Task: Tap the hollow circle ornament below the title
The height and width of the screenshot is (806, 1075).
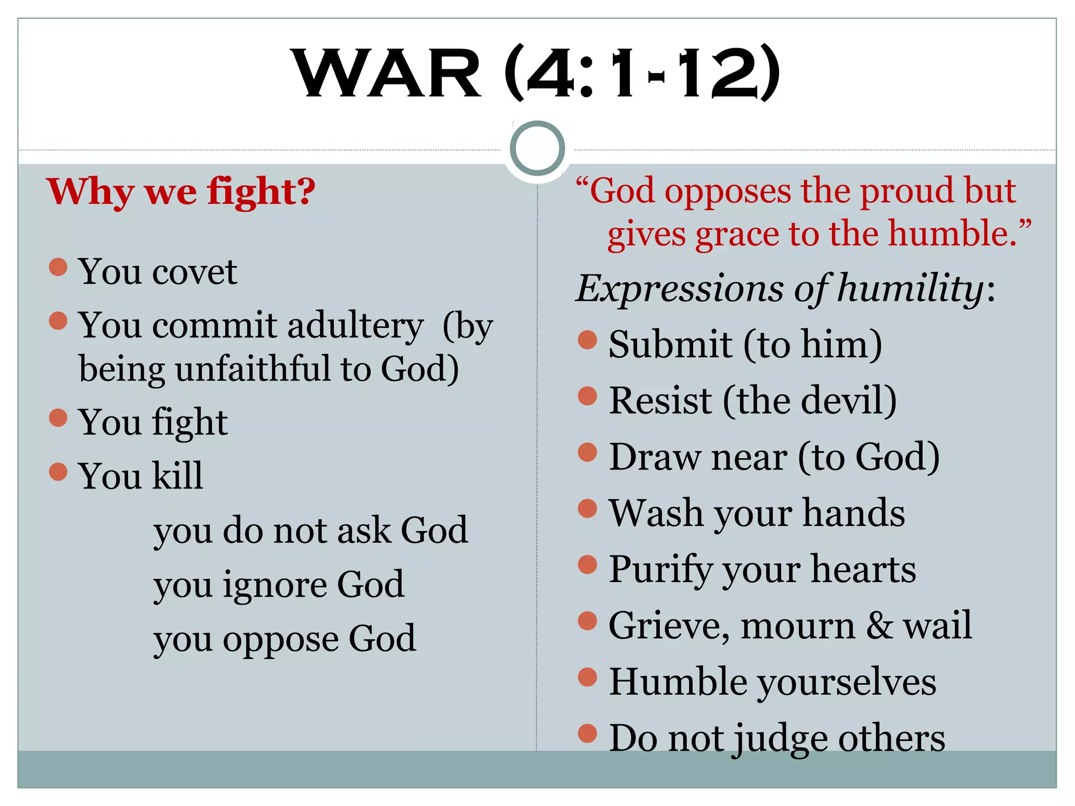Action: [x=537, y=148]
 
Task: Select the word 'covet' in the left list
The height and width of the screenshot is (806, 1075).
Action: [x=194, y=272]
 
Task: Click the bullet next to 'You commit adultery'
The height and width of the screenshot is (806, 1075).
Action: [x=58, y=321]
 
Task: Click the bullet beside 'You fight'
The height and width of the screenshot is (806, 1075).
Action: [x=58, y=418]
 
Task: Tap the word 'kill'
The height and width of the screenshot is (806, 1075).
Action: [x=177, y=475]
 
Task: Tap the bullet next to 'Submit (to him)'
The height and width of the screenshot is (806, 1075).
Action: [x=587, y=340]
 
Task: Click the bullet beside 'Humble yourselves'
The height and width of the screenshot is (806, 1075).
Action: [x=587, y=677]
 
